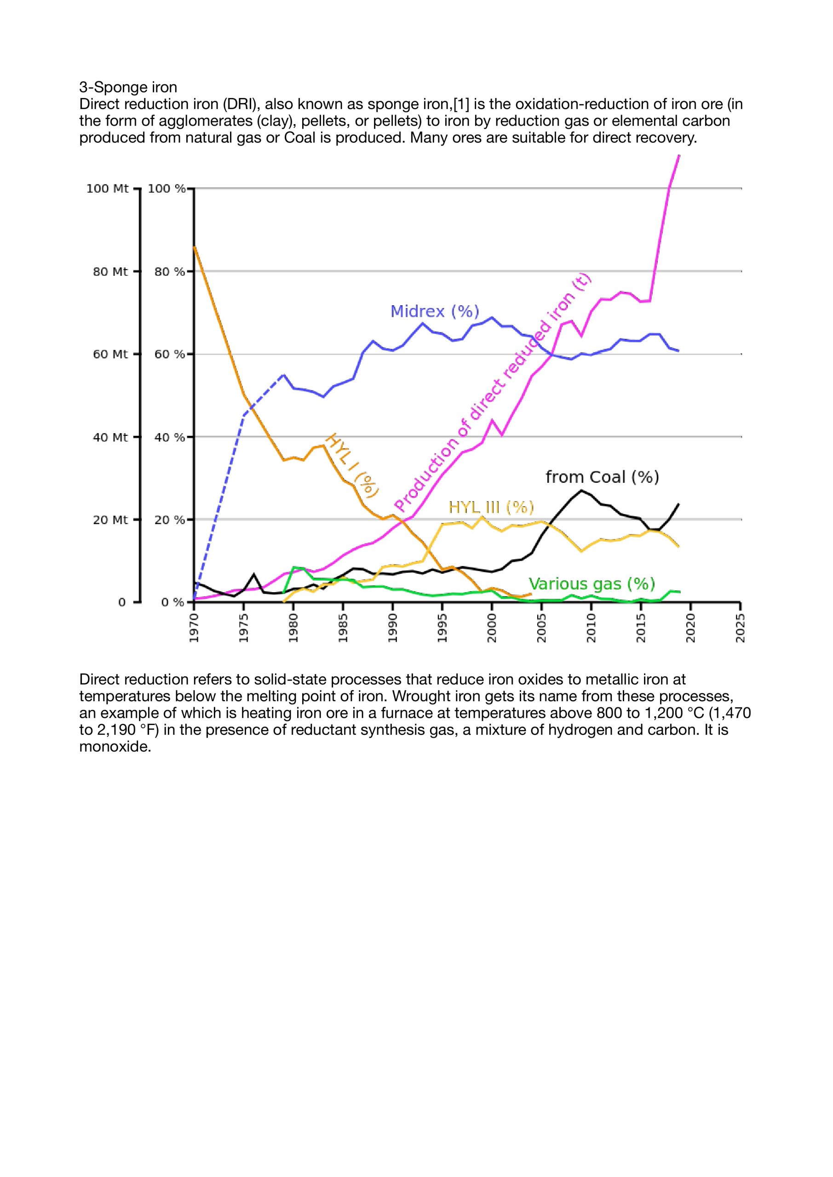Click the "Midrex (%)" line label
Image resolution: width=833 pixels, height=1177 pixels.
coord(435,312)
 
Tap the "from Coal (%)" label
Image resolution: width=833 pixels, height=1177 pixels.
coord(602,477)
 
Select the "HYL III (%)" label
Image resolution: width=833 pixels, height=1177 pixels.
coord(491,508)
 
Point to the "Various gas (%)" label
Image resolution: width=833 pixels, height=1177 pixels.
coord(592,584)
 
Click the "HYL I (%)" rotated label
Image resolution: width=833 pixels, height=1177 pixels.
coord(352,465)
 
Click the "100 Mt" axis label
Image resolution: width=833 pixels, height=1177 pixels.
coord(107,189)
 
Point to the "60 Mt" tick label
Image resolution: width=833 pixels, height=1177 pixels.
coord(110,354)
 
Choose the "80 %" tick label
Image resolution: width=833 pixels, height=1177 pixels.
coord(169,272)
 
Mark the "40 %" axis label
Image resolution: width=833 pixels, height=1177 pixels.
coord(169,437)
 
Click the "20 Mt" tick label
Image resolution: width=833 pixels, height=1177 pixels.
coord(110,520)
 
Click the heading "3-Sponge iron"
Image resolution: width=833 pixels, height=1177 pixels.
coord(128,87)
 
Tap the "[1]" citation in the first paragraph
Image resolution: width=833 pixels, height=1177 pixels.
coord(462,104)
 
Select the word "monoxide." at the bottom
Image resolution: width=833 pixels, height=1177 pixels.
coord(115,746)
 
